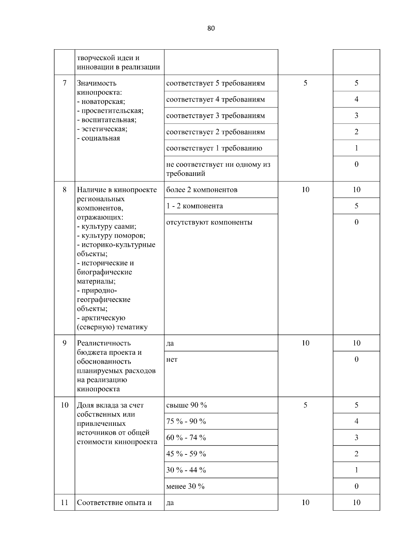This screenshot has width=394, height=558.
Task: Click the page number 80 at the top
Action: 211,28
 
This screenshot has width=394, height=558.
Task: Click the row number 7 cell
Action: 64,83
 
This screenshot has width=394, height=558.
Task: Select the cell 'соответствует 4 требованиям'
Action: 215,99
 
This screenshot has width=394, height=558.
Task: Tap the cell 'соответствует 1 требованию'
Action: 214,148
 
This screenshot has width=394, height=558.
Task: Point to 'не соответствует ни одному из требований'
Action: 218,169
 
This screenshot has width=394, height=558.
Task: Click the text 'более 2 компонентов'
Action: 202,190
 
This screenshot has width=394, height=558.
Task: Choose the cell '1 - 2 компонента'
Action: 194,206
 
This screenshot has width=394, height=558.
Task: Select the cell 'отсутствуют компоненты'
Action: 209,222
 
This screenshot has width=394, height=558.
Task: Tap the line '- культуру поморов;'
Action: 111,236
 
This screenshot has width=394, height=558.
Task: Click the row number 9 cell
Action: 64,343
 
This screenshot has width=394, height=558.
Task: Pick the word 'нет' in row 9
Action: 172,359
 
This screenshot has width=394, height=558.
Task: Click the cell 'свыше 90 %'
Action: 186,405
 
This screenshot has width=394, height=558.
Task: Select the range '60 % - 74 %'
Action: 186,438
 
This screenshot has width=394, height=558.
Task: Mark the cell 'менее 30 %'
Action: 185,486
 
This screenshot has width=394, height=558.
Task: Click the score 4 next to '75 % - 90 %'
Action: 356,421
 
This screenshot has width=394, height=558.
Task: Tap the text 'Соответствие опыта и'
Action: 114,502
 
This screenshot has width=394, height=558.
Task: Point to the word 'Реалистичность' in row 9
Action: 104,343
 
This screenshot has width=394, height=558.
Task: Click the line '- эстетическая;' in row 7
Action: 102,129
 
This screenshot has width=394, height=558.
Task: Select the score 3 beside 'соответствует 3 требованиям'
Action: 356,115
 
